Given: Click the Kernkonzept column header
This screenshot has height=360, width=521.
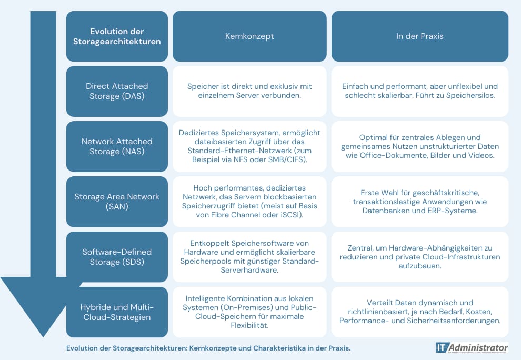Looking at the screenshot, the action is [249, 36].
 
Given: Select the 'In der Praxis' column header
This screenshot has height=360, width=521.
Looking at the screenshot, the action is [419, 36].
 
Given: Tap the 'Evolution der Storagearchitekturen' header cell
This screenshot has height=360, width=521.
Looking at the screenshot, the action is [117, 36].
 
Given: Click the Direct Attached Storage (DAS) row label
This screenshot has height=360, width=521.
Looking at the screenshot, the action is [117, 91].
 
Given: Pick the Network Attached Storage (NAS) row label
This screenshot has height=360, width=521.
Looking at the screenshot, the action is [117, 146].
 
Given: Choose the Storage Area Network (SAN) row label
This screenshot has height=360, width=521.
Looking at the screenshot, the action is [117, 202].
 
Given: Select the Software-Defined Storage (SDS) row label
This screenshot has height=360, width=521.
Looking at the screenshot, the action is [117, 257].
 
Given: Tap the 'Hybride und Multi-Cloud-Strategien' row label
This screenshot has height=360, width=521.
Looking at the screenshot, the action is [117, 312].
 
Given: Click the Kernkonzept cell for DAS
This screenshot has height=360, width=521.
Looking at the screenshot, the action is [249, 91].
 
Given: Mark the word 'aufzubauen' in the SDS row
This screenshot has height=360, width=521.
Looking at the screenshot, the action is [420, 266].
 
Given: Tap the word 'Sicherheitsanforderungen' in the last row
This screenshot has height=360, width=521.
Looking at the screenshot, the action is [454, 321].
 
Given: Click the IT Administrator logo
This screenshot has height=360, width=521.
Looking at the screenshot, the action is [472, 348].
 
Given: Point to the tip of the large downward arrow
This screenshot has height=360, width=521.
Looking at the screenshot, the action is [43, 337].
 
